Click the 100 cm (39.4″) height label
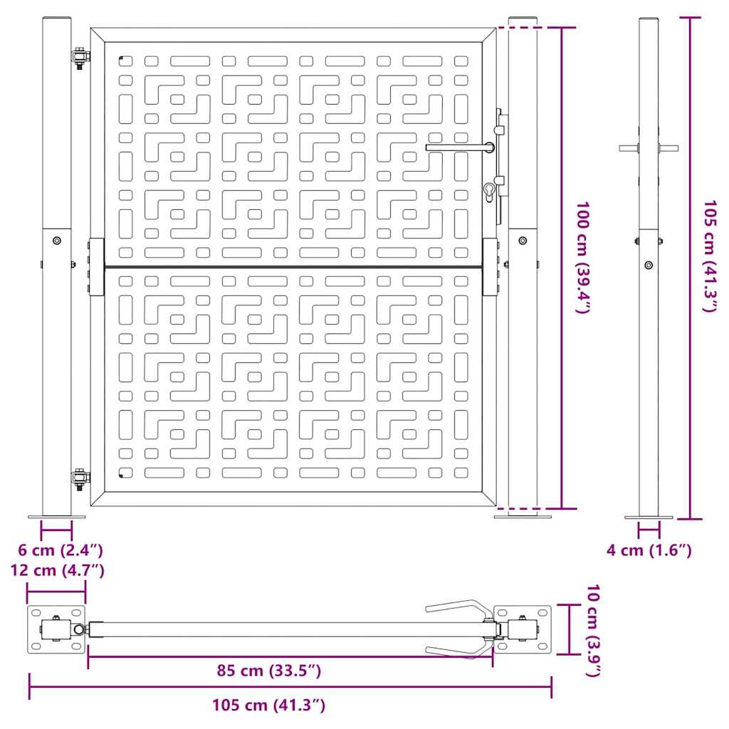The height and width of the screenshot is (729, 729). [583, 257]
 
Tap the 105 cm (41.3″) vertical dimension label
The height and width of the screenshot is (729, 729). [710, 256]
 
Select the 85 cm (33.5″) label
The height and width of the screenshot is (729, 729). [268, 671]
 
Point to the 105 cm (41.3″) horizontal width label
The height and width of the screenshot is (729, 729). [268, 705]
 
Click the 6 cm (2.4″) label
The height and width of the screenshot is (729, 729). [61, 550]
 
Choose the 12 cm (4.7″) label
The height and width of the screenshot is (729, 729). [58, 570]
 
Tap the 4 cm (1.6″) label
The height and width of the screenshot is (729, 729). [649, 550]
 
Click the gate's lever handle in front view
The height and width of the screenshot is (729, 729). [460, 147]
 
